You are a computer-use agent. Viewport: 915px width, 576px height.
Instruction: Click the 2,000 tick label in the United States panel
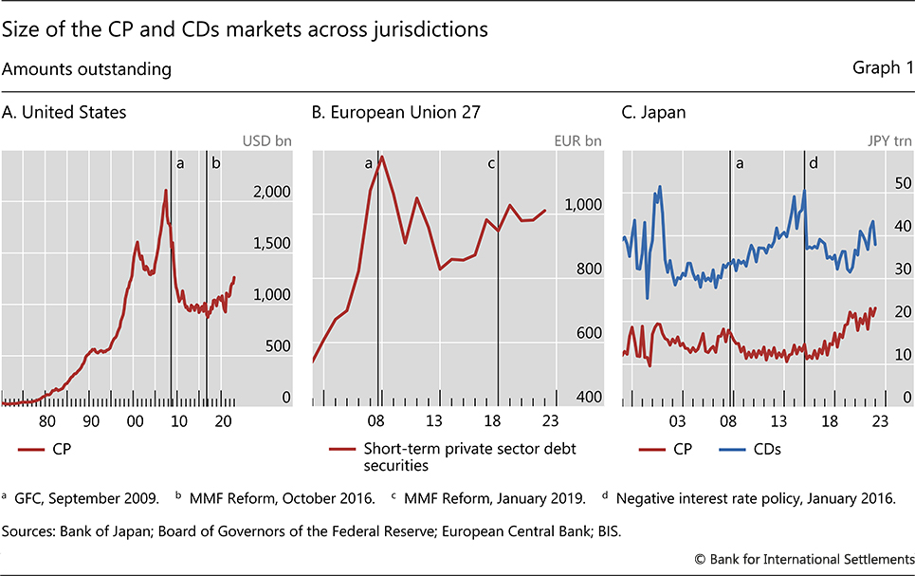pyautogui.click(x=271, y=192)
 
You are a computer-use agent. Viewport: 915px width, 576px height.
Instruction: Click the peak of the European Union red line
pyautogui.click(x=381, y=157)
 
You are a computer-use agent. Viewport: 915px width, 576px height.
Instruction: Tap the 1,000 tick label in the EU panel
pyautogui.click(x=582, y=204)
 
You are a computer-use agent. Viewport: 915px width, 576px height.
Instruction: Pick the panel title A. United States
pyautogui.click(x=64, y=112)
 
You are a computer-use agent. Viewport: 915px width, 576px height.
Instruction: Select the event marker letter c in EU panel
pyautogui.click(x=491, y=163)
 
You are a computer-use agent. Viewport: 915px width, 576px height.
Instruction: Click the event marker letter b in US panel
pyautogui.click(x=215, y=163)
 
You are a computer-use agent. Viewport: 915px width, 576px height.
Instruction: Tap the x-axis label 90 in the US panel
pyautogui.click(x=91, y=422)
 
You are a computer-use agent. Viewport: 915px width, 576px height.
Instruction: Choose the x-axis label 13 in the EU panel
pyautogui.click(x=435, y=422)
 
